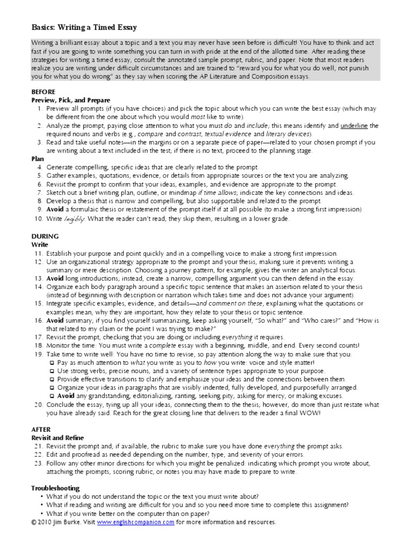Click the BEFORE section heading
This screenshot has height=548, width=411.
coord(43,92)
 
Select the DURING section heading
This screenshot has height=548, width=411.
coord(45,236)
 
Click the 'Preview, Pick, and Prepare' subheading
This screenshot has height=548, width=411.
coord(71,100)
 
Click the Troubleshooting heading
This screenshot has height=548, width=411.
coord(56,488)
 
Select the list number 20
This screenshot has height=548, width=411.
coord(37,404)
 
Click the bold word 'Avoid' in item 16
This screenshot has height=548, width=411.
coord(56,320)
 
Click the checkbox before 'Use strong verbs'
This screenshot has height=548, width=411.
coord(51,370)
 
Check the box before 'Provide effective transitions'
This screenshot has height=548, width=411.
coord(51,379)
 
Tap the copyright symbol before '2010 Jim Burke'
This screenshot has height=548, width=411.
coord(34,522)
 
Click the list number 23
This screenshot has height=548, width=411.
coord(37,463)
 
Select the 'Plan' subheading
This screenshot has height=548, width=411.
coord(39,159)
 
